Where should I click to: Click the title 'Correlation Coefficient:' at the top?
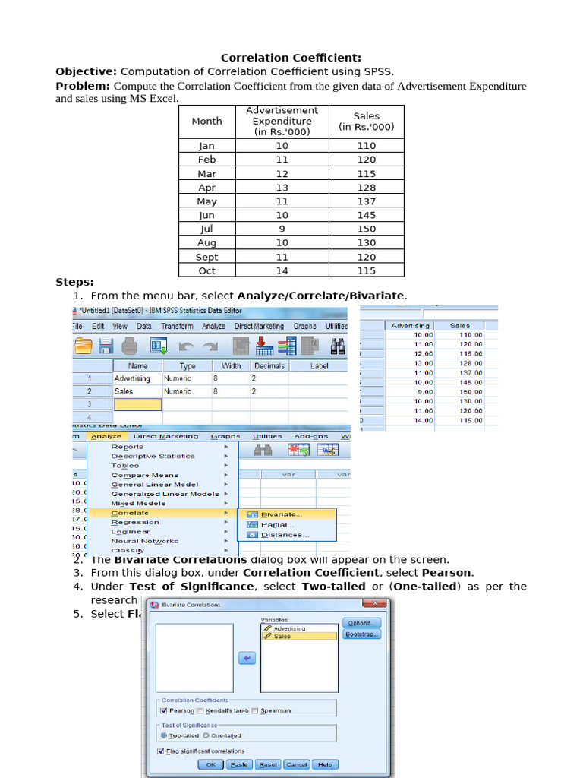click(x=291, y=58)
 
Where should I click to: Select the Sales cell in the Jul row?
click(x=366, y=229)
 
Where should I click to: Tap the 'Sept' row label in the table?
click(x=206, y=257)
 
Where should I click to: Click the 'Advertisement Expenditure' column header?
click(x=282, y=121)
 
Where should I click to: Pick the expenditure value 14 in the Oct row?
click(x=282, y=270)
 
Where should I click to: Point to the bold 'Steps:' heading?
click(x=74, y=282)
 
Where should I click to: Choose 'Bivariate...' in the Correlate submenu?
click(x=281, y=514)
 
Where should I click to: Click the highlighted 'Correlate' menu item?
click(x=130, y=513)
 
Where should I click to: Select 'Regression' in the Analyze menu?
click(x=135, y=523)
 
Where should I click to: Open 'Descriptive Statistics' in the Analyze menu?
click(x=153, y=456)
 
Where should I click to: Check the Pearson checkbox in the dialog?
click(x=163, y=710)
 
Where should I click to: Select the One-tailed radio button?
click(x=206, y=735)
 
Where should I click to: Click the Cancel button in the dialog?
click(x=297, y=764)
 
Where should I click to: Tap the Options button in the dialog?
click(x=361, y=622)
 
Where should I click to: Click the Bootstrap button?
click(x=361, y=634)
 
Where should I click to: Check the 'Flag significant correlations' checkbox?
click(x=161, y=751)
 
